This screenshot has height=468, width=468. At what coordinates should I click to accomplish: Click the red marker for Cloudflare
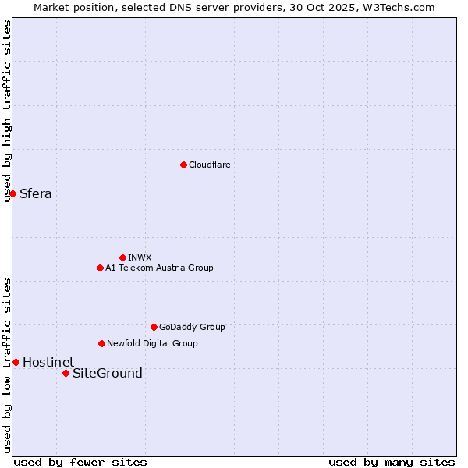pos(183,165)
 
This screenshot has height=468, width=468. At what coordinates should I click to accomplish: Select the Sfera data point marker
pos(12,193)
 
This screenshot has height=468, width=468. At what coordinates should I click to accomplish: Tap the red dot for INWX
pos(122,257)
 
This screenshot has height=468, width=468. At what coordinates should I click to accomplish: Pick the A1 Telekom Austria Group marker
pos(100,268)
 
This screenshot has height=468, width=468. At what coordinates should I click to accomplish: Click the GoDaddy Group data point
pos(154,327)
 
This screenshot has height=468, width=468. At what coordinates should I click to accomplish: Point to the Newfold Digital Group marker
pos(101,343)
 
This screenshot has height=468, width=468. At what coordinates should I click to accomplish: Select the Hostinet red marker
pos(16,362)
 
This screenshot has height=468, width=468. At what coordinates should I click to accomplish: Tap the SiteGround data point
pos(66,373)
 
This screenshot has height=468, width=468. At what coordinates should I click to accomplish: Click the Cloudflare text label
pos(210,165)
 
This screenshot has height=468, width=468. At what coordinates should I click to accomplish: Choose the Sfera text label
pos(36,193)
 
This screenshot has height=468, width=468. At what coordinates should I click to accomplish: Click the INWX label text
pos(140,257)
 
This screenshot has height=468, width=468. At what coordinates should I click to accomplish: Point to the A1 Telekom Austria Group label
pos(159,268)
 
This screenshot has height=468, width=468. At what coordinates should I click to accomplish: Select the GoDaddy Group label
pos(192,327)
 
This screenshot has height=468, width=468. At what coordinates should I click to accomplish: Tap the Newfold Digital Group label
pos(152,343)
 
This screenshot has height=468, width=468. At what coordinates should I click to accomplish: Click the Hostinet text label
pos(48,362)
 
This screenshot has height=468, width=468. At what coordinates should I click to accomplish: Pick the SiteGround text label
pos(108,373)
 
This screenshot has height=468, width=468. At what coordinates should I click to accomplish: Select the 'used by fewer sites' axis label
pos(80,462)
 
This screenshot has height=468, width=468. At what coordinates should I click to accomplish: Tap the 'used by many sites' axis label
pos(392,462)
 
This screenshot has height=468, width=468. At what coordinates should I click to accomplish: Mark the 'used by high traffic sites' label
pos(7,111)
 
